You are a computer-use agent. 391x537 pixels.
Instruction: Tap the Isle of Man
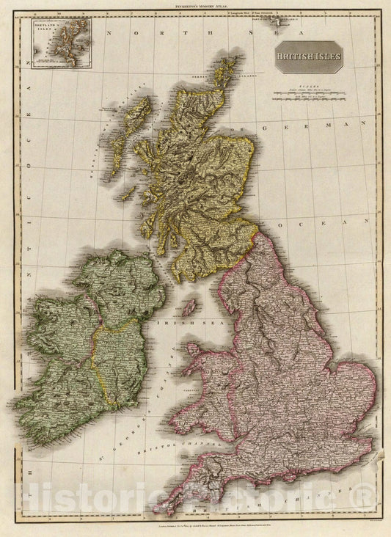[x=189, y=307]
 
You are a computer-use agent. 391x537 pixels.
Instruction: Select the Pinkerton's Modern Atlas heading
[x=195, y=5]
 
